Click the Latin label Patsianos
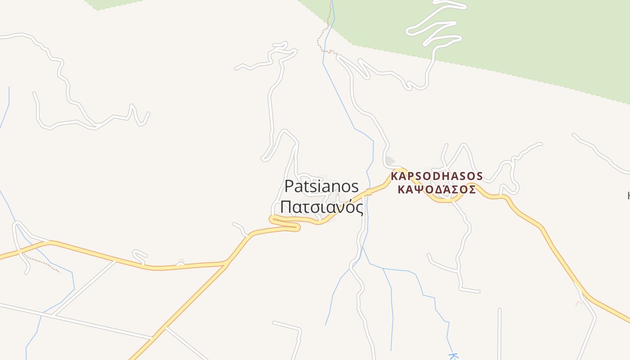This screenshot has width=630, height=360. [x=322, y=186]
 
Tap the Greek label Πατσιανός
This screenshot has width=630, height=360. [x=322, y=207]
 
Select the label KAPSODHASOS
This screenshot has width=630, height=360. [x=436, y=176]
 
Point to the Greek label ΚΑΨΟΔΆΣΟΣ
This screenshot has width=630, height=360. [x=436, y=189]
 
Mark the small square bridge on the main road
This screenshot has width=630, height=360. [x=369, y=192]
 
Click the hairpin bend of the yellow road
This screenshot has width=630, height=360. [x=273, y=220]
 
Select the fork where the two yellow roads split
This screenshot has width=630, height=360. [x=226, y=263]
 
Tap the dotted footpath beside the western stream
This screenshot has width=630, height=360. [x=43, y=264]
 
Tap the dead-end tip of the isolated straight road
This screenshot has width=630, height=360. [x=499, y=310]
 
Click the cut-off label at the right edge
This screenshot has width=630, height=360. [x=628, y=196]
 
